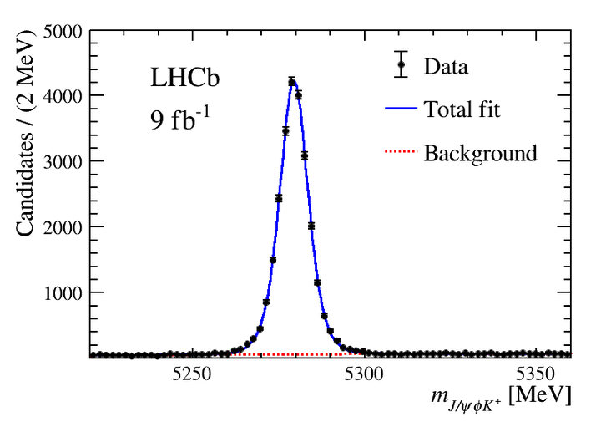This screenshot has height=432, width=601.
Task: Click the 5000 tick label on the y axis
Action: click(63, 32)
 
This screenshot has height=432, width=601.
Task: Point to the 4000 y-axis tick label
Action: click(63, 96)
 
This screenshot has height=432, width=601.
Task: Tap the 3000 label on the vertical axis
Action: click(63, 162)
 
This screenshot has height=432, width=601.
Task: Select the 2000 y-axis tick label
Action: click(63, 227)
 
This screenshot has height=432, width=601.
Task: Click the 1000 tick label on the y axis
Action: click(63, 293)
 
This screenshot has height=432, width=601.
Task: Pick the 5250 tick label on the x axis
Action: click(191, 374)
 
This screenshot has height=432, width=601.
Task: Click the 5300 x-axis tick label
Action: click(363, 374)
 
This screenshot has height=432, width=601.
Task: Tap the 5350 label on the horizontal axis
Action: click(535, 374)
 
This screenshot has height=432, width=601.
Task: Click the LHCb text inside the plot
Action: click(184, 78)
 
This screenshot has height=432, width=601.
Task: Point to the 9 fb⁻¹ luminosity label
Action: click(179, 119)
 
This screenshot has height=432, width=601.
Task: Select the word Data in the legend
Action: click(446, 66)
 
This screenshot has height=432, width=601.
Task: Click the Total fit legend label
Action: click(462, 109)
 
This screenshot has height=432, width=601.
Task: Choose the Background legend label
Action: click(480, 153)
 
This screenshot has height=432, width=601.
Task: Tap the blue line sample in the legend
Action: click(401, 109)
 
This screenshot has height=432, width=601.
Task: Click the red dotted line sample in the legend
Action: click(401, 151)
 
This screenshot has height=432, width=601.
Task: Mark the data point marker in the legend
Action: click(401, 64)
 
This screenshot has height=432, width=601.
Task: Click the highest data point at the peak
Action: click(292, 82)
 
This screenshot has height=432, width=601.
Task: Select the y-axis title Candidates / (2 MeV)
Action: click(25, 134)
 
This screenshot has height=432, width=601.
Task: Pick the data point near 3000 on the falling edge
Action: click(305, 155)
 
